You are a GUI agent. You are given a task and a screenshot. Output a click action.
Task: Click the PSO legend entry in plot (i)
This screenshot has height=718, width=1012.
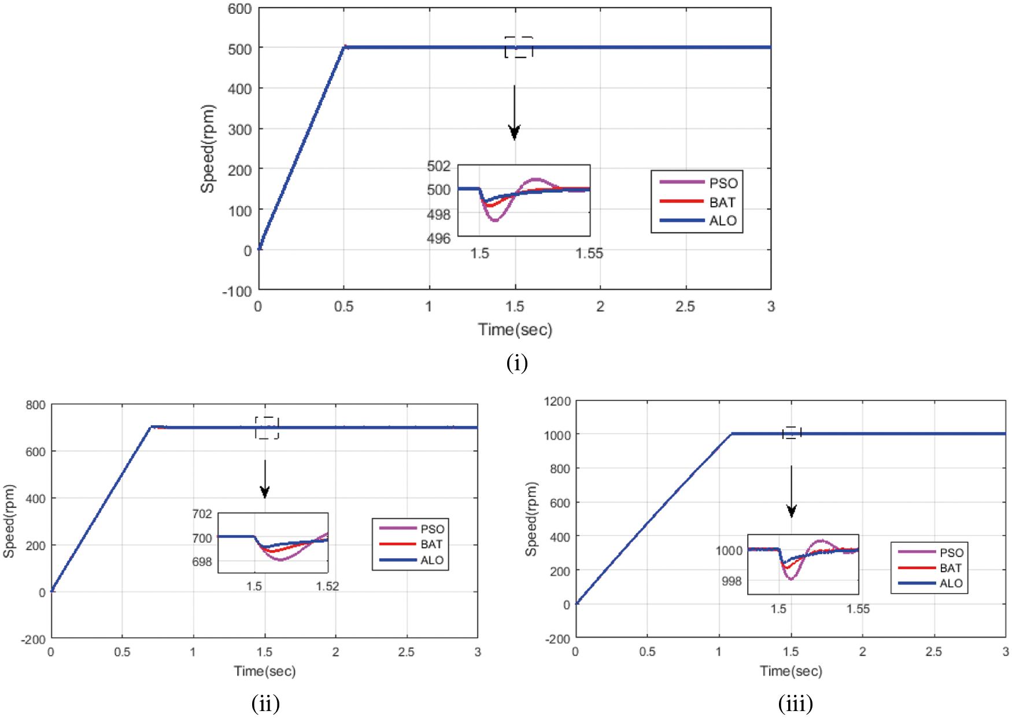pyautogui.click(x=723, y=183)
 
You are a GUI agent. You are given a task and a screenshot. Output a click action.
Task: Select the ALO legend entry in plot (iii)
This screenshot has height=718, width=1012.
pyautogui.click(x=951, y=583)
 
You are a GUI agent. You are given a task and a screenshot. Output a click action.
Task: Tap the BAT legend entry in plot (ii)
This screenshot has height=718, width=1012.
pyautogui.click(x=431, y=544)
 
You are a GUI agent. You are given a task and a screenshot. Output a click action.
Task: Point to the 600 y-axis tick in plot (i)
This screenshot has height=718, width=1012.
pyautogui.click(x=239, y=9)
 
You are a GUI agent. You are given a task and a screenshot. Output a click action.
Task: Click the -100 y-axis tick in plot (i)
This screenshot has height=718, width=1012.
pyautogui.click(x=237, y=291)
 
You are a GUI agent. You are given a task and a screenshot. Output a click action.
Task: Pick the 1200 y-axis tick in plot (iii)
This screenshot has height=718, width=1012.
pyautogui.click(x=557, y=402)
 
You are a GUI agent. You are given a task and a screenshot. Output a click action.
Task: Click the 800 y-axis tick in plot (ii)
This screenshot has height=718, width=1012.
pyautogui.click(x=35, y=405)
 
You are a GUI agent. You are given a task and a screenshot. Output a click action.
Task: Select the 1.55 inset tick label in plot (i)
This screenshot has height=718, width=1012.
pyautogui.click(x=589, y=253)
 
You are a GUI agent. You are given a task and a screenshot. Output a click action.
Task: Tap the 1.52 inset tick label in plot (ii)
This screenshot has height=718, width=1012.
pyautogui.click(x=327, y=586)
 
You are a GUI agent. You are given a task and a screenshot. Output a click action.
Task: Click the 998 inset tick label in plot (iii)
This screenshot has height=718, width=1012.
pyautogui.click(x=732, y=581)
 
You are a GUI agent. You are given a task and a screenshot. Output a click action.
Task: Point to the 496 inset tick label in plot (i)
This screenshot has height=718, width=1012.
pyautogui.click(x=438, y=238)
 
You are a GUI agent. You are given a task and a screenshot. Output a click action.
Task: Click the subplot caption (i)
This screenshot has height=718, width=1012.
pyautogui.click(x=516, y=363)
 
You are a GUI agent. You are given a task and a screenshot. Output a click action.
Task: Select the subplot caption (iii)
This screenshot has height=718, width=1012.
pyautogui.click(x=795, y=704)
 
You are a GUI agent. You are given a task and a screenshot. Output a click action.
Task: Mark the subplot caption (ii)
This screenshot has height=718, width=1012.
pyautogui.click(x=265, y=704)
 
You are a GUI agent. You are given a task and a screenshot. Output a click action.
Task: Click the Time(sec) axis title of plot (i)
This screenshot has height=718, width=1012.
pyautogui.click(x=515, y=330)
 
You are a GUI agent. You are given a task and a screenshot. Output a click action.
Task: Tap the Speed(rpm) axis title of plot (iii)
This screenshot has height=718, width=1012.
pyautogui.click(x=531, y=519)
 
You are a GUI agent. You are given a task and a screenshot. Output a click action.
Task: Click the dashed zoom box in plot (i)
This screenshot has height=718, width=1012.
pyautogui.click(x=518, y=47)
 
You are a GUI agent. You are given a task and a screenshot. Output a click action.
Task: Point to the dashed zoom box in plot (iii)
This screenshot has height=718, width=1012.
pyautogui.click(x=792, y=433)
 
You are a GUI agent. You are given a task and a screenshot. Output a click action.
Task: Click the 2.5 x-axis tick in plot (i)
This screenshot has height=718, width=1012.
pyautogui.click(x=685, y=307)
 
